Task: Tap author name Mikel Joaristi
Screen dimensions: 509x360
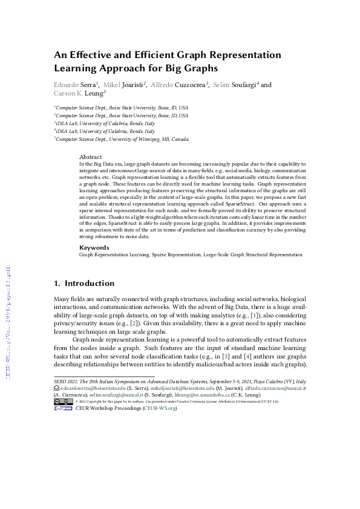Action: [126, 85]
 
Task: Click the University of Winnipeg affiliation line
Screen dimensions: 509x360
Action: [121, 139]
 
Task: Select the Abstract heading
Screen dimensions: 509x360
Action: [91, 157]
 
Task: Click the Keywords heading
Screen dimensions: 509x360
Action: [94, 247]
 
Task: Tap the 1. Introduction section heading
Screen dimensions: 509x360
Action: [84, 283]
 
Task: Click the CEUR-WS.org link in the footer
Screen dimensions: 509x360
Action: [160, 408]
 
